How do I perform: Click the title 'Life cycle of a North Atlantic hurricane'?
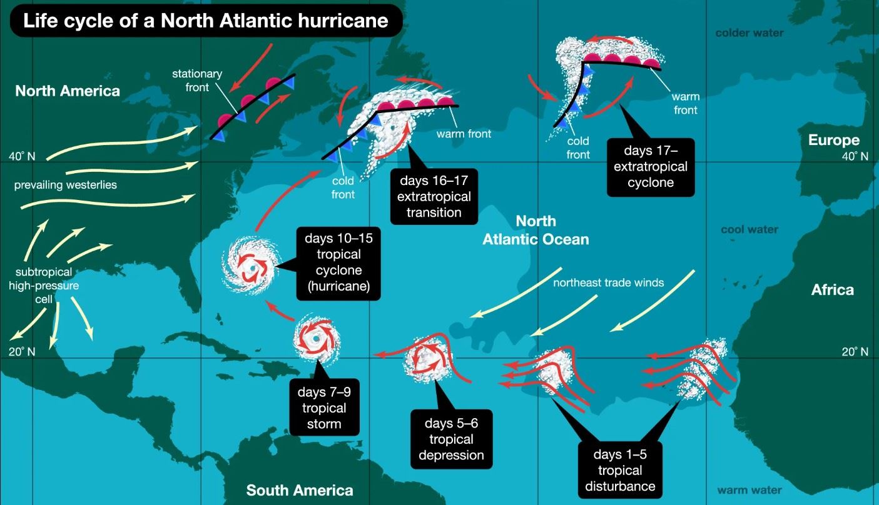205,21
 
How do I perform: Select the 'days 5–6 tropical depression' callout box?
451,439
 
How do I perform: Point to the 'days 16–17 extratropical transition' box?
434,196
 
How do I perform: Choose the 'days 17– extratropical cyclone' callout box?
650,166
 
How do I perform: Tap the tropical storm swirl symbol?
317,339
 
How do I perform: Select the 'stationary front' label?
197,81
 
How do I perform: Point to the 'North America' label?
68,91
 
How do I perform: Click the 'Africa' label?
832,289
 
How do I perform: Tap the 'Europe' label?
833,140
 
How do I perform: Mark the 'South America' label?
300,490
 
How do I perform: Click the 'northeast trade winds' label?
608,282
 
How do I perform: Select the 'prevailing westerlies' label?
66,186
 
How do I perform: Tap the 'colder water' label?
749,32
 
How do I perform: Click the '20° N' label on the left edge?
22,352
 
